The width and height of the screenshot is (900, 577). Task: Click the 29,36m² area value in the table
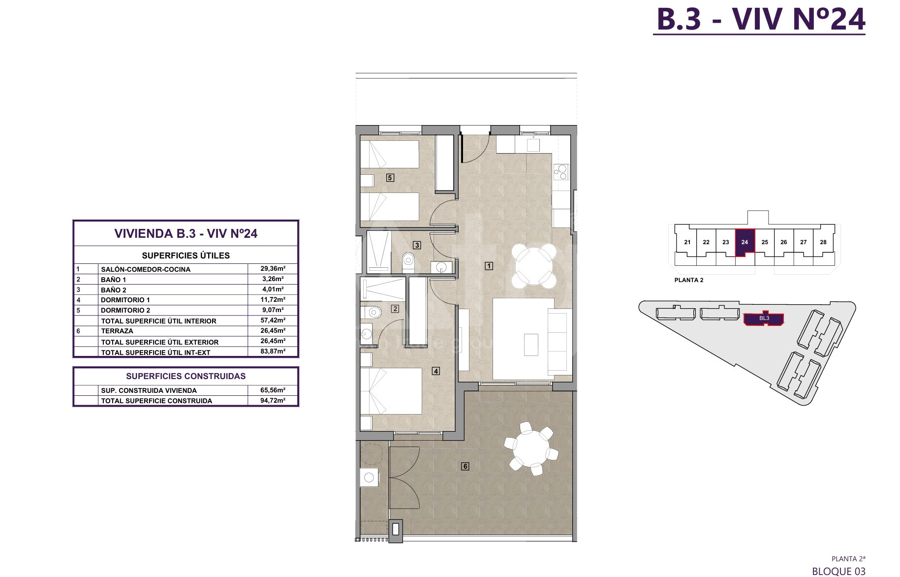[x=273, y=269]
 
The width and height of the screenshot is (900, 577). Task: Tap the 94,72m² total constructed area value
[x=273, y=400]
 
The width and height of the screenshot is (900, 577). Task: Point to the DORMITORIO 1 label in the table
[x=125, y=300]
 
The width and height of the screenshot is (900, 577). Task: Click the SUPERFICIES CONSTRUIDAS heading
[x=186, y=376]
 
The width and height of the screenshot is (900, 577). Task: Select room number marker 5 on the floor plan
[x=390, y=178]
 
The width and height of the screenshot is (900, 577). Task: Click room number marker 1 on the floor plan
[x=489, y=266]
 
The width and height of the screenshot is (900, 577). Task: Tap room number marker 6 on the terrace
[x=466, y=466]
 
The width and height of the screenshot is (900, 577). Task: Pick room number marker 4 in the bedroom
[x=436, y=371]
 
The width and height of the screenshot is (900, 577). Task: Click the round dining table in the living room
[x=533, y=266]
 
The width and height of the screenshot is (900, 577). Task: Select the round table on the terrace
[x=531, y=448]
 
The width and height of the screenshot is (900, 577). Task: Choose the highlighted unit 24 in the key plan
[x=745, y=242]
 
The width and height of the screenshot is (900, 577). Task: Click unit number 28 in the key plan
[x=823, y=242]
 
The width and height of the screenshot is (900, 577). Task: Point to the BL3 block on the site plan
[x=764, y=319]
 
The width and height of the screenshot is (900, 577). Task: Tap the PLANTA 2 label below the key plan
[x=689, y=280]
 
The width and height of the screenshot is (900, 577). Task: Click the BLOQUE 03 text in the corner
[x=838, y=571]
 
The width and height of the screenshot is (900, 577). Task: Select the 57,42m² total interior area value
[x=273, y=321]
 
